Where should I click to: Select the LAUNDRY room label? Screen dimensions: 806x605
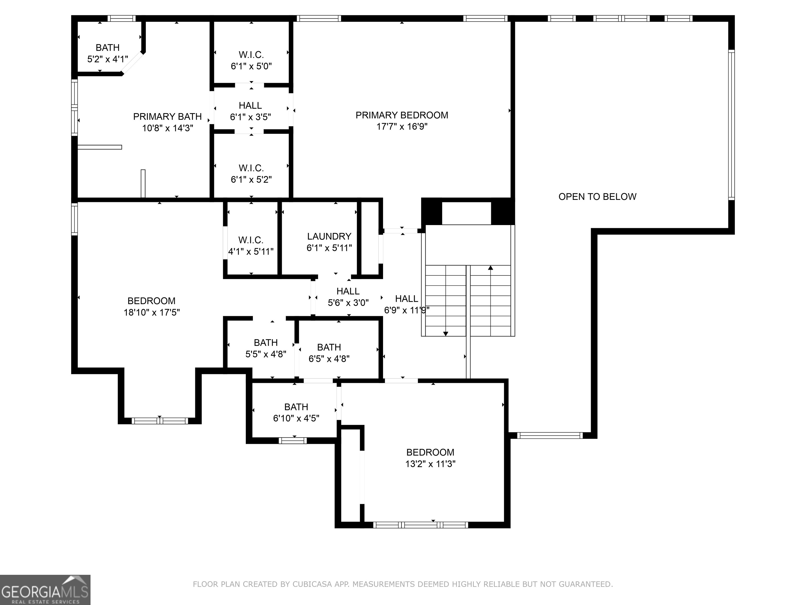coord(329,236)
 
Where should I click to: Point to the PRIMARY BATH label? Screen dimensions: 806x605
coord(167,117)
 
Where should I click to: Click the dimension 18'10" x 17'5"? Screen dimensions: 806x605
coord(152,312)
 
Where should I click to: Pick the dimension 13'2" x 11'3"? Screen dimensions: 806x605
coord(430,464)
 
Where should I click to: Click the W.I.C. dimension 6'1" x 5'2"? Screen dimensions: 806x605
coord(251,179)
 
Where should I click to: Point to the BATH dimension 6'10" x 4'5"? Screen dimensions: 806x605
coord(296,418)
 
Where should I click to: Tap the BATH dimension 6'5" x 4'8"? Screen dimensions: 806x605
coord(329,359)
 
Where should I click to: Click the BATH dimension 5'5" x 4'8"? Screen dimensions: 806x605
coord(266,354)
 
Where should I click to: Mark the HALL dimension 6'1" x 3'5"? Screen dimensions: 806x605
coord(250,117)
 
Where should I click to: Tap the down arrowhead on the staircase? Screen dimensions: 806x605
coord(445,333)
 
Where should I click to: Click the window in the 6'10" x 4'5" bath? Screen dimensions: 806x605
coord(293,441)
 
